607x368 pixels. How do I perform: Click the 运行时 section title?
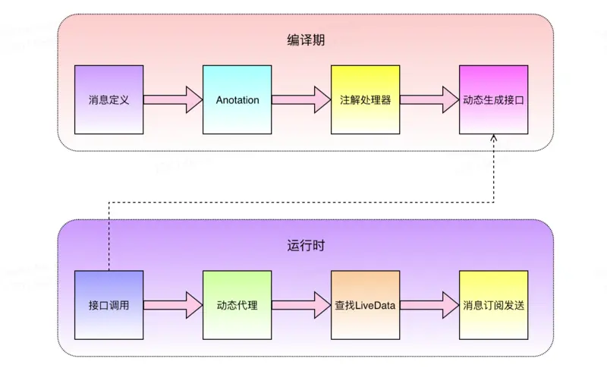[306, 246]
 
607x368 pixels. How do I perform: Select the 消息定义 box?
[109, 99]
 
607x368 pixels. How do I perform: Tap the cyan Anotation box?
[237, 99]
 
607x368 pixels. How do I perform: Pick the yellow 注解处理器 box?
[365, 99]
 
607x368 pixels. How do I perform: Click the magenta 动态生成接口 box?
[493, 99]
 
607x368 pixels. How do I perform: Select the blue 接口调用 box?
[109, 305]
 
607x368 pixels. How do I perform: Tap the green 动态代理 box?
[237, 305]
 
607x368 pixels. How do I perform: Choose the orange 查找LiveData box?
[365, 305]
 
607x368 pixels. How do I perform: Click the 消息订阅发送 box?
[493, 305]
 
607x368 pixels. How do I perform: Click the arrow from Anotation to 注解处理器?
[301, 99]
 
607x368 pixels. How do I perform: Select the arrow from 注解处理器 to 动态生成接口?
[429, 99]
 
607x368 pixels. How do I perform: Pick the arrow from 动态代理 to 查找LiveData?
[301, 305]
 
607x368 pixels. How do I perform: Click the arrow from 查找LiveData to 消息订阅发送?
[429, 305]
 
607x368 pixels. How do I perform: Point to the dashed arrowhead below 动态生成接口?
[494, 140]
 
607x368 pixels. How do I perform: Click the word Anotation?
[237, 99]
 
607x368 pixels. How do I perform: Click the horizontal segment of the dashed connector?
[303, 202]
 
